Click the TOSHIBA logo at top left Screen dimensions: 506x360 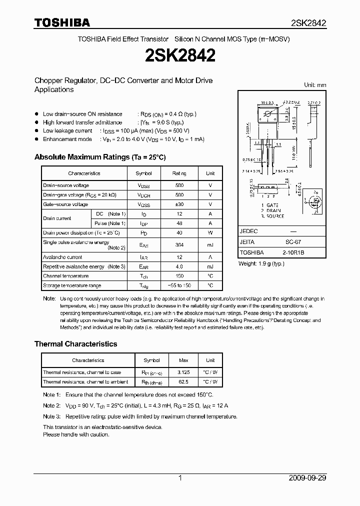[62, 22]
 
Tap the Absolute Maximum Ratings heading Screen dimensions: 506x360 [100, 157]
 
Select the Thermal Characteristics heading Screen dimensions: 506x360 [75, 344]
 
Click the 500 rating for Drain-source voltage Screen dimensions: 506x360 [179, 185]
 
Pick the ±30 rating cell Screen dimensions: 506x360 [179, 204]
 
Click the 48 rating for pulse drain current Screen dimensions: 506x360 [179, 223]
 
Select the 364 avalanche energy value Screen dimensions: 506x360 [179, 245]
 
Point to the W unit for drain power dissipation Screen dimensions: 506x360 [210, 233]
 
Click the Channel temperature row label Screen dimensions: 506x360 [66, 276]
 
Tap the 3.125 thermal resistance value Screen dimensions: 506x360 [184, 372]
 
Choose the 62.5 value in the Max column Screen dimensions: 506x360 [184, 382]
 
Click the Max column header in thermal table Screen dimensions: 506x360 [184, 360]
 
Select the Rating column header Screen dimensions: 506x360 [179, 173]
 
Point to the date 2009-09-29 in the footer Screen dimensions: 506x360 [308, 478]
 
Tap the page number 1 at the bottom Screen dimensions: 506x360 [180, 478]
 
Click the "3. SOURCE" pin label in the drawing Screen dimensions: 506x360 [272, 216]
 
